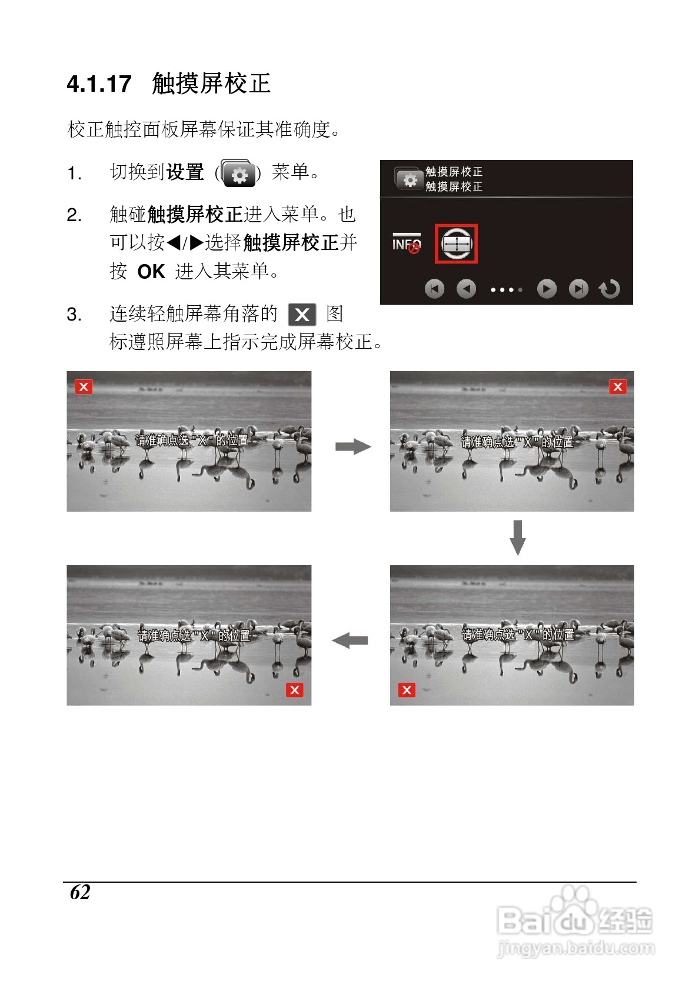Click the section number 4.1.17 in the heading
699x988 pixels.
pyautogui.click(x=99, y=84)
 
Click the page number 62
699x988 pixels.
pyautogui.click(x=80, y=892)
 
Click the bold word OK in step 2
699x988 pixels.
pyautogui.click(x=151, y=272)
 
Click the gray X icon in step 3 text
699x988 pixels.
pyautogui.click(x=302, y=315)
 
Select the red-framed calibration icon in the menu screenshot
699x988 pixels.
pyautogui.click(x=456, y=243)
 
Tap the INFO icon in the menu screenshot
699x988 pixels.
pyautogui.click(x=407, y=243)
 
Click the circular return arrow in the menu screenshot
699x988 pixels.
pyautogui.click(x=610, y=289)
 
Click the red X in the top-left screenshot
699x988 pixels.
pyautogui.click(x=84, y=387)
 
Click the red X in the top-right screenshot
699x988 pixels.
pyautogui.click(x=617, y=387)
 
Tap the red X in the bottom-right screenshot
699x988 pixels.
pyautogui.click(x=407, y=690)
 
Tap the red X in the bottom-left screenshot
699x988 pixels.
pyautogui.click(x=295, y=690)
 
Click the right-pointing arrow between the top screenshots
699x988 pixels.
pyautogui.click(x=353, y=447)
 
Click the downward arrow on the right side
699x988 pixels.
pyautogui.click(x=517, y=538)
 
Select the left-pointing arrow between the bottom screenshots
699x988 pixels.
pyautogui.click(x=350, y=640)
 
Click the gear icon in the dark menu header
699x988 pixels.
pyautogui.click(x=408, y=179)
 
